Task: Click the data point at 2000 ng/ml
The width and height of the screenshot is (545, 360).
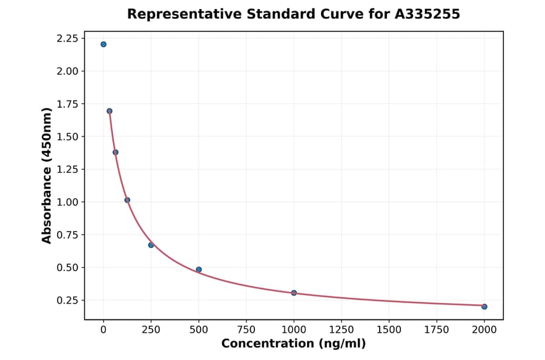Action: coord(484,307)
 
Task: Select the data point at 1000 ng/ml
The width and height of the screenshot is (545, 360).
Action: coord(294,293)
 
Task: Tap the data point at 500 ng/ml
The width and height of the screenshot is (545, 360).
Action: coord(199,270)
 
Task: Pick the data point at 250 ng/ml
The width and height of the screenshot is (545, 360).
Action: coord(151,245)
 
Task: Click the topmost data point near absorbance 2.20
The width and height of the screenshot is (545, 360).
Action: coord(104,44)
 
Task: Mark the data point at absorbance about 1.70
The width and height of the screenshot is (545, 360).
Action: coord(110,111)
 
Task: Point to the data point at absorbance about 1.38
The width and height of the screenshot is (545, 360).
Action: coord(116,152)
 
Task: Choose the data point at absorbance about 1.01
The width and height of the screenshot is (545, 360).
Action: coord(127,200)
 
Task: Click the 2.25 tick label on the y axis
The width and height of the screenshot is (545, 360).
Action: coord(67,39)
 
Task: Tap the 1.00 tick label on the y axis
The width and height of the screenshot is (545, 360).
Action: coord(67,202)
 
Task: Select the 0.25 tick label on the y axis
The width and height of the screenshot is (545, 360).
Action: coord(67,301)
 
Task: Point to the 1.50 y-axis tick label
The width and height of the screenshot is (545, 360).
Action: coord(67,137)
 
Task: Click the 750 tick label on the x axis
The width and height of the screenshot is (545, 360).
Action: coord(246,330)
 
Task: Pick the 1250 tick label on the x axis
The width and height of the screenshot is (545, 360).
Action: coord(341,330)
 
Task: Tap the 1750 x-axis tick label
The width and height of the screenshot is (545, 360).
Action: coord(437,330)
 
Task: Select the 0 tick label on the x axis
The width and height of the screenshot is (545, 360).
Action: coord(104,330)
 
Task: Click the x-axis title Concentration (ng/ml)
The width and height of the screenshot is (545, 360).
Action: coord(294,344)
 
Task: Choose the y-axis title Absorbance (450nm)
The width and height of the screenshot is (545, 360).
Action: coord(47,175)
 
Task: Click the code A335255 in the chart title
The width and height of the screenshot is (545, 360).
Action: coord(428,14)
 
